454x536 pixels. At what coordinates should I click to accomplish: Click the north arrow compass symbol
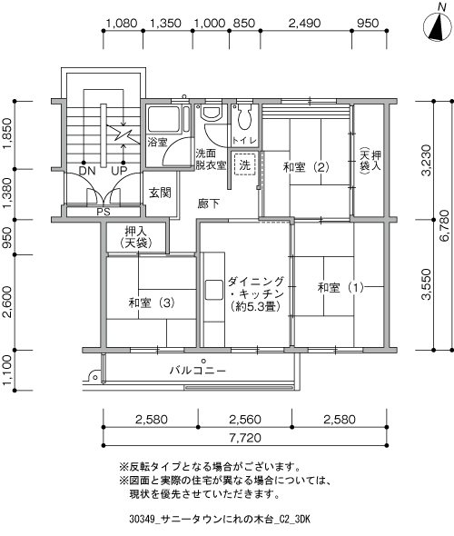[438, 25]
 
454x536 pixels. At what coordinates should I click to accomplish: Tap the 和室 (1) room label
[340, 287]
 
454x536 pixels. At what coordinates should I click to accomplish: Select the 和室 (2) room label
[306, 167]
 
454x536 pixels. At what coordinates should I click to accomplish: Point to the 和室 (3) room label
[152, 303]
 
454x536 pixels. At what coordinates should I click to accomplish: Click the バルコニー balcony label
[198, 371]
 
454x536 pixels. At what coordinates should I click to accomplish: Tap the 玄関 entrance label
[160, 193]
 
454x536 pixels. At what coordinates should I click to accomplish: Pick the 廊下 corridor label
[209, 203]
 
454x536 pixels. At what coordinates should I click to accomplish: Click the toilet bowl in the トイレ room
[244, 117]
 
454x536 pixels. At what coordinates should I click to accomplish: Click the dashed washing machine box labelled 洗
[244, 164]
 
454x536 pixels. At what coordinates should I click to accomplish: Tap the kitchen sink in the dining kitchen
[214, 290]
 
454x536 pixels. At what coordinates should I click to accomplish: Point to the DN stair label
[87, 171]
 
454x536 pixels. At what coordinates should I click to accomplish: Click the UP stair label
[119, 171]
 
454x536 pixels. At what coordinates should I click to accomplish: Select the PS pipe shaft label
[104, 212]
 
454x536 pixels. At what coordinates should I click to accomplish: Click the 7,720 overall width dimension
[245, 438]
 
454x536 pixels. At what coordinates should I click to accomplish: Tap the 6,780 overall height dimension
[444, 225]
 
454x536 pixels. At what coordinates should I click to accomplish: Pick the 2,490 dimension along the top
[305, 24]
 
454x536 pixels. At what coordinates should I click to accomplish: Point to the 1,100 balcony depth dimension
[7, 369]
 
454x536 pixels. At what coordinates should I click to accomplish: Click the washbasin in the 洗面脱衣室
[212, 112]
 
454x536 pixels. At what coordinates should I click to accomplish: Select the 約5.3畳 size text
[255, 306]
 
